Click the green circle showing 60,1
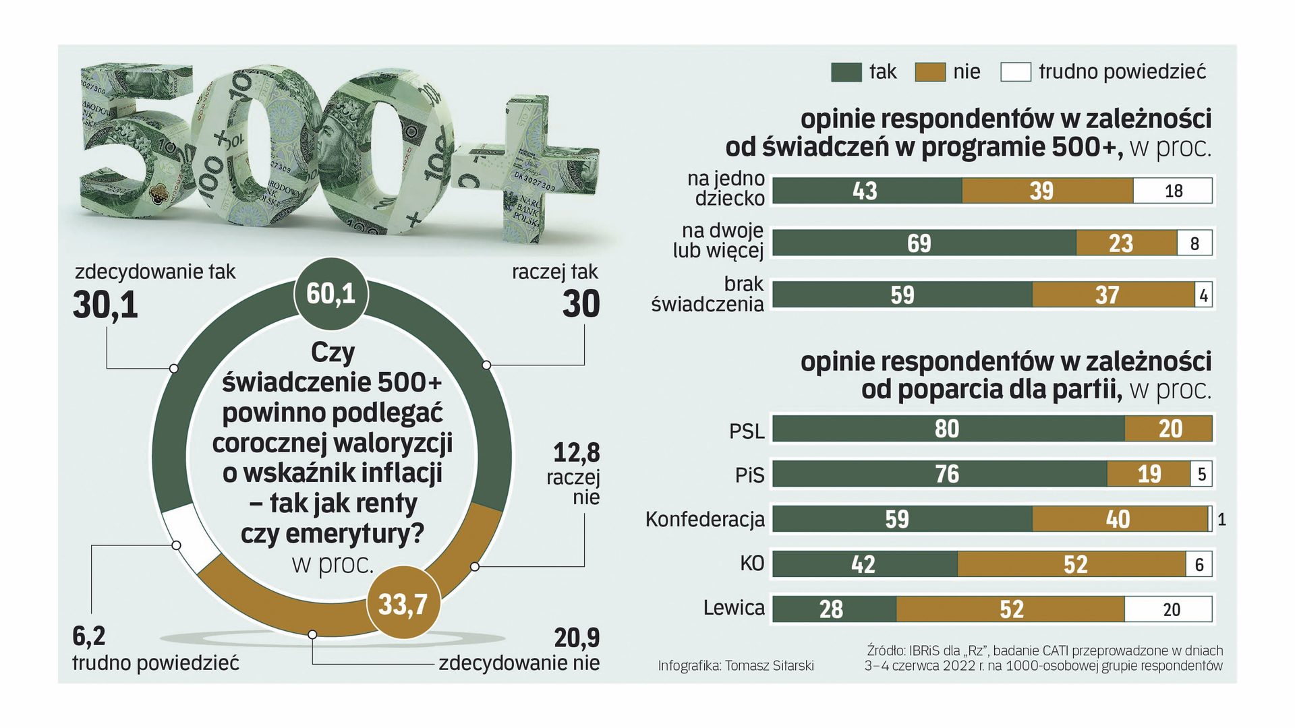[330, 293]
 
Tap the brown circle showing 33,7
[403, 604]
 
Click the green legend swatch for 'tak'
[846, 72]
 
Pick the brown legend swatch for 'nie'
[930, 72]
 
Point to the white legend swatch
[1015, 72]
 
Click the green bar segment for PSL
[948, 429]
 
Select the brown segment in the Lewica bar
[1010, 609]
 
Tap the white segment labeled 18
[1172, 191]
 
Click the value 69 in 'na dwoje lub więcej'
[919, 243]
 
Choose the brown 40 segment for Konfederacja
[1118, 519]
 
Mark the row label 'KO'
[752, 564]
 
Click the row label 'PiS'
[749, 475]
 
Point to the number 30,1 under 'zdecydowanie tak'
[106, 305]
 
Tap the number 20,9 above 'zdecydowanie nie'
[577, 637]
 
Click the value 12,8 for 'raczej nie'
[576, 452]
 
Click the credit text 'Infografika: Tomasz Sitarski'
[736, 666]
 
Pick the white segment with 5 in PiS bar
[1201, 474]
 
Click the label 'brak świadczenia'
[708, 294]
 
